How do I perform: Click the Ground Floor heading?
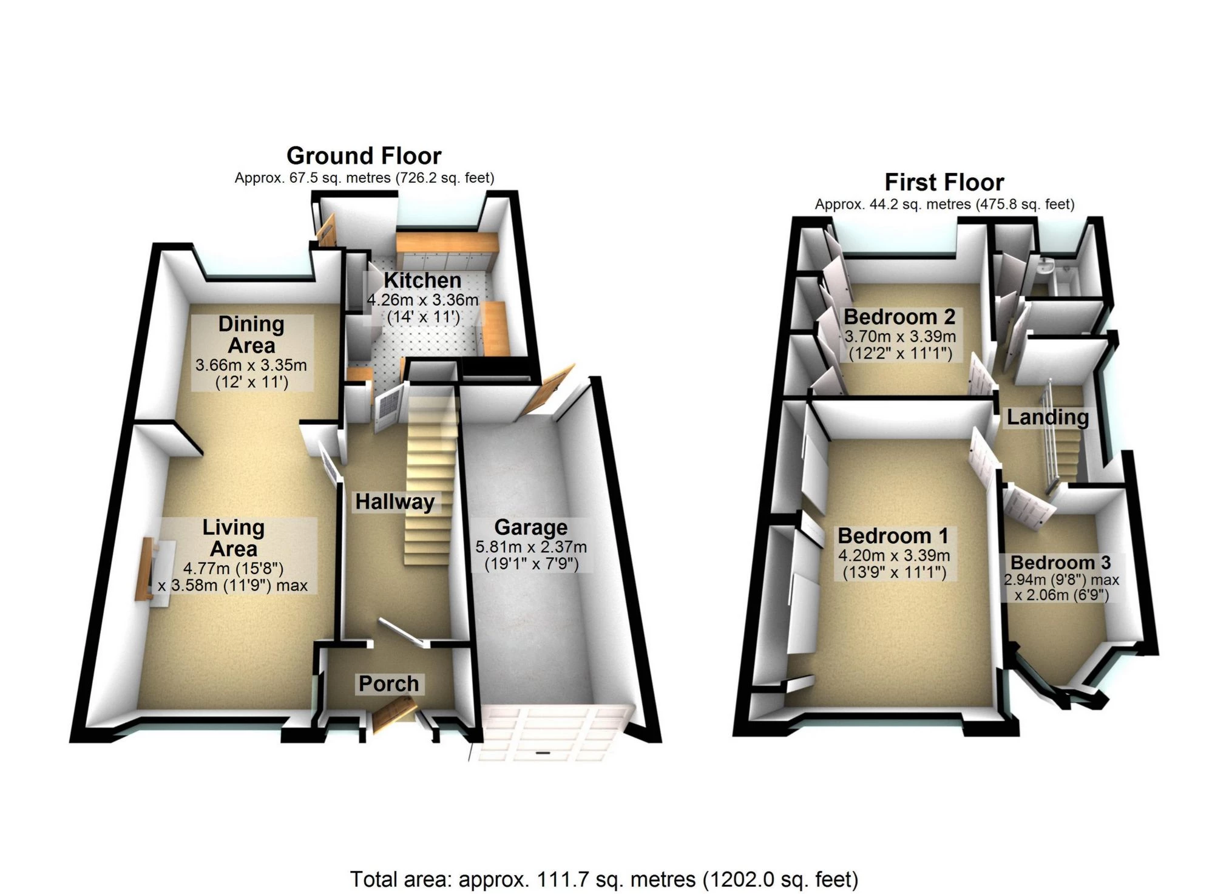(364, 156)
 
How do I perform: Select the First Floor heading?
(944, 182)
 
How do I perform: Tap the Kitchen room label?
(422, 280)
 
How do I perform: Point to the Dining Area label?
(251, 334)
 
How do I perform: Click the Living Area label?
(233, 538)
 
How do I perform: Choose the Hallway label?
(394, 502)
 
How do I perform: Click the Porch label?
(388, 683)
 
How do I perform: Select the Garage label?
(530, 527)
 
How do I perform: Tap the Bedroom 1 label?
(893, 536)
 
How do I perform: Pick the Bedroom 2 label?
(899, 317)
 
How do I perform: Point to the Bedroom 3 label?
(1060, 563)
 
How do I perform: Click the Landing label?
(1048, 417)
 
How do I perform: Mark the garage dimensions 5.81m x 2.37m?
(530, 547)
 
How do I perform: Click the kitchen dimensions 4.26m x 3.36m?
(422, 300)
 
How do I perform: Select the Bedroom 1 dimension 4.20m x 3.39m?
(893, 555)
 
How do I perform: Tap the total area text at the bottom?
(604, 879)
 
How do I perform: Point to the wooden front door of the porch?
(394, 714)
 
